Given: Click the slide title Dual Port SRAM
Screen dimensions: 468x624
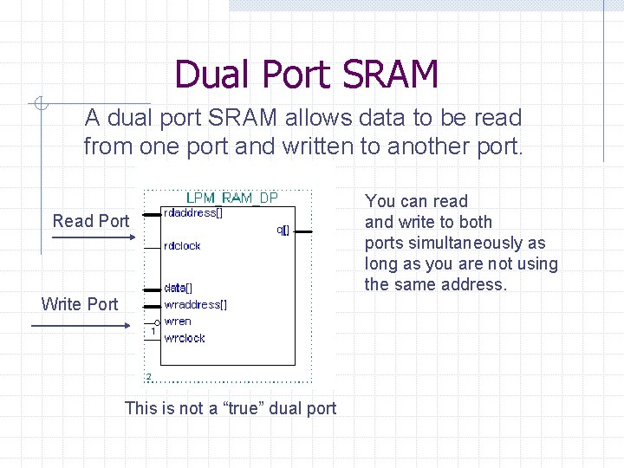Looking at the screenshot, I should pos(306,75).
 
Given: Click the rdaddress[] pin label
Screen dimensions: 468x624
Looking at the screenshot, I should pos(193,213).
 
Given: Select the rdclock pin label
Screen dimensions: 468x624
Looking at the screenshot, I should pos(182,246).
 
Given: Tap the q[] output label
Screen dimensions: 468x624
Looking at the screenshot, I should pos(283,231).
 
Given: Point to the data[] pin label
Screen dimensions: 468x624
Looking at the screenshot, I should pos(179,288).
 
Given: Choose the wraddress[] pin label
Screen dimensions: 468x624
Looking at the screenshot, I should pos(196,304).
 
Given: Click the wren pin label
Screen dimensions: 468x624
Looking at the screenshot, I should pos(178,322).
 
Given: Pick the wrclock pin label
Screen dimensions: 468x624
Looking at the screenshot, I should pos(184,338).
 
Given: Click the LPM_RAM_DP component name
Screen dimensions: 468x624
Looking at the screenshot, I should pos(232,198).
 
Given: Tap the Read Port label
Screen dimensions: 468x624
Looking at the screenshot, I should pos(91,221).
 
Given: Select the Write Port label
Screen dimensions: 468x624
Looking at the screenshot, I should pos(80,304).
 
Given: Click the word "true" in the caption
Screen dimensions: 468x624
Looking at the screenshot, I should pos(244,407).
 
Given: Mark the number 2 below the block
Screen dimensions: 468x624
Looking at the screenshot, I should pos(148,376).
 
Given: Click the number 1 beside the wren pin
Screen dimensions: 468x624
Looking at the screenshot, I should pos(153,331).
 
